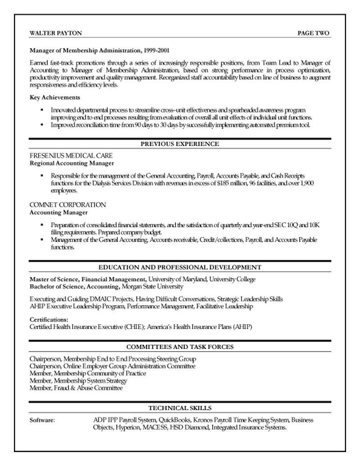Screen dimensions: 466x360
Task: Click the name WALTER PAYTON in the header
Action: (x=55, y=33)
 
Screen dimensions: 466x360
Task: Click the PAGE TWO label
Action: (x=313, y=33)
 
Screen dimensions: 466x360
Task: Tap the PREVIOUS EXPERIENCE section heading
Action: (x=180, y=144)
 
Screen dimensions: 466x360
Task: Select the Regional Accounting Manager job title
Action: (x=72, y=163)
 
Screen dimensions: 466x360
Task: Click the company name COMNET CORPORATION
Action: (x=67, y=205)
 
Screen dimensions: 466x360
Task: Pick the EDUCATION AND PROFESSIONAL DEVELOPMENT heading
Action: (x=180, y=267)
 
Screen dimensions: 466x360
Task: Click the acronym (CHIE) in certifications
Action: (x=133, y=326)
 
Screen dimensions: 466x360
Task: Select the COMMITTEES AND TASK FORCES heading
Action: (x=180, y=347)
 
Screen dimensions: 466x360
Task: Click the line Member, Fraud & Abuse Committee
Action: (x=76, y=388)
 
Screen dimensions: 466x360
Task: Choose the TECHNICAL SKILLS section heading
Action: (x=180, y=408)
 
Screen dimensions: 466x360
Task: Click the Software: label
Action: (x=42, y=420)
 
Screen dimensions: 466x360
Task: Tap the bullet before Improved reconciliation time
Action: (x=42, y=125)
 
